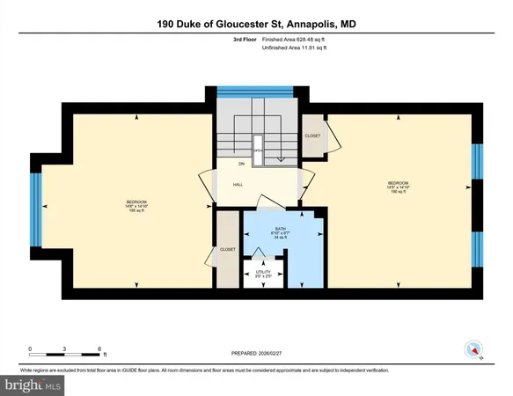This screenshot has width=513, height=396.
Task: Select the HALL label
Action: (x=238, y=185)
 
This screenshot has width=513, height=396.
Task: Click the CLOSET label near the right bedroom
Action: (x=312, y=136)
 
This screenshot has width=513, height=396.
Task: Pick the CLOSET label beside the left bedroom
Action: (x=227, y=250)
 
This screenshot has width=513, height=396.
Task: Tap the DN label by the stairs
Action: (x=240, y=165)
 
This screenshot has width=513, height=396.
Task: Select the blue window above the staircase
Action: (x=243, y=91)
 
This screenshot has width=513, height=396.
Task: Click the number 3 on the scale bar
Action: (x=65, y=349)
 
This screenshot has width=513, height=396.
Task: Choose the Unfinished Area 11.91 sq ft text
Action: (x=293, y=48)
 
